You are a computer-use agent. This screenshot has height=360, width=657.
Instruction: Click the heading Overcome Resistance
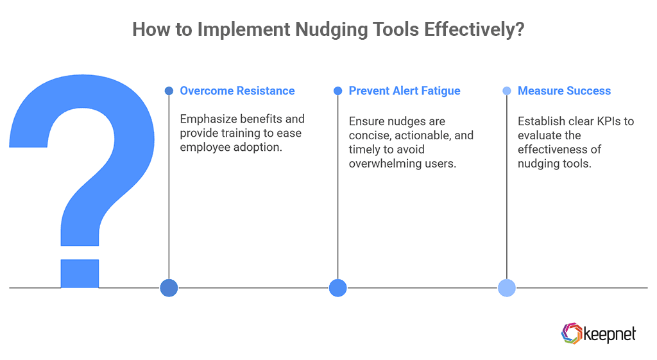[237, 91]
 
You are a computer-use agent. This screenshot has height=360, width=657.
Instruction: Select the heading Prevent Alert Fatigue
[404, 91]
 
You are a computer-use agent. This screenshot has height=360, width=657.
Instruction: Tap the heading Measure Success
[564, 91]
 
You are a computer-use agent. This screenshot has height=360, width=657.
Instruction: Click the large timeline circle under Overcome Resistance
[169, 288]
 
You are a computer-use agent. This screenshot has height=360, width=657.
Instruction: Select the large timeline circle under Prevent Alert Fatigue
[337, 288]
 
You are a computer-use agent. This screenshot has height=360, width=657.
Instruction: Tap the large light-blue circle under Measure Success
[507, 288]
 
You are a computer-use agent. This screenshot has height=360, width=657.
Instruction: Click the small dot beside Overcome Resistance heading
[169, 91]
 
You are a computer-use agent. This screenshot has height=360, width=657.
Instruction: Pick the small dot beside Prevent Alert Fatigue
[337, 91]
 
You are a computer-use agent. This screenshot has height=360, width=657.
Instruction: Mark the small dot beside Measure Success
[507, 91]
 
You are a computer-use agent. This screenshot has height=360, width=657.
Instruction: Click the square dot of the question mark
[80, 273]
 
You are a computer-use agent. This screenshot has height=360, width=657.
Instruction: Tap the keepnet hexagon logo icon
[570, 333]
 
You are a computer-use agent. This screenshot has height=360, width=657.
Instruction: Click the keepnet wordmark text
[610, 334]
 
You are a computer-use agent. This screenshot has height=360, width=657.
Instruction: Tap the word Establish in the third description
[542, 121]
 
